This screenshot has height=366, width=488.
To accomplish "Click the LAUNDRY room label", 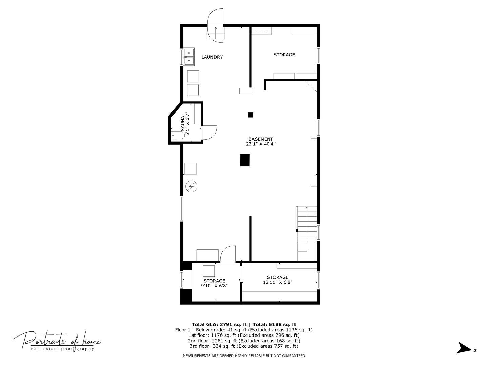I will (212, 57).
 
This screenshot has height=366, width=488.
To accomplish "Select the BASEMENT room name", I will (261, 139).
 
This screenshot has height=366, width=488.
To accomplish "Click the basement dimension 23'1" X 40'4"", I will (261, 144).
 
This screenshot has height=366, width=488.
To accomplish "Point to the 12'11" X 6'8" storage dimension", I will (278, 282).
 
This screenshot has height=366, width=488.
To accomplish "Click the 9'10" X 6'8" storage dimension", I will (214, 286).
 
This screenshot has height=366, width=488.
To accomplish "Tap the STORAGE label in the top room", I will (284, 55).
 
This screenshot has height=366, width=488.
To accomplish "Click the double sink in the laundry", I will (189, 57).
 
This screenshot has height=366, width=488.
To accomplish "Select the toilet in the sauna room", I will (178, 135).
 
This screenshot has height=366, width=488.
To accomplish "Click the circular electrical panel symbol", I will (191, 186).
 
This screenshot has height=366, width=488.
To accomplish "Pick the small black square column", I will (250, 115).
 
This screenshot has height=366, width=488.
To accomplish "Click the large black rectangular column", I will (245, 160).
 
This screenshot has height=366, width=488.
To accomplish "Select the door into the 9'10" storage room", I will (228, 254).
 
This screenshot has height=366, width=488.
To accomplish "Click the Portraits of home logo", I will (57, 340).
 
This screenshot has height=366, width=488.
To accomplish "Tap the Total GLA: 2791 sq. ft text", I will (219, 324).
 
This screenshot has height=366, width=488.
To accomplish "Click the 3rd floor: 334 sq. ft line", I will (244, 346).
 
